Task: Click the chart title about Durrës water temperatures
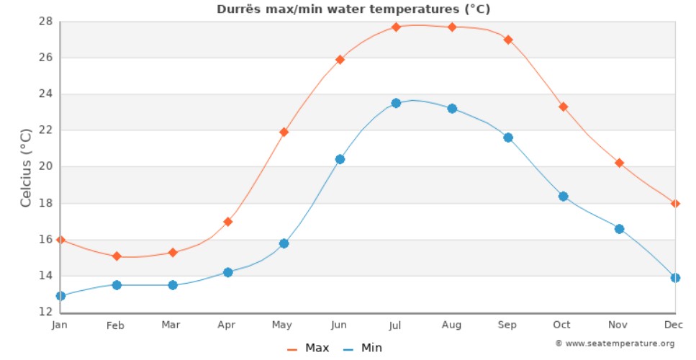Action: pos(353,9)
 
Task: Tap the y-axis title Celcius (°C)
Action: pos(26,167)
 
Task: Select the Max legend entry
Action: pos(309,348)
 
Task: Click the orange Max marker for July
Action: pos(396,27)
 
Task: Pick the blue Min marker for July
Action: pos(396,103)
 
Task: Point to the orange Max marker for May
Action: pos(284,132)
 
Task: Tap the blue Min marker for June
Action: pos(340,159)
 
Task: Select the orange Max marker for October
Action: pos(564,107)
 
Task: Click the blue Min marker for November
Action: pos(619,229)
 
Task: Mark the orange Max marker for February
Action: pos(116,256)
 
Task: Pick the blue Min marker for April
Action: pos(228,272)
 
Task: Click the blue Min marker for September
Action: pos(508,138)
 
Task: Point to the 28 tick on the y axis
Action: pos(45,21)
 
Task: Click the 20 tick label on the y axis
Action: pos(45,166)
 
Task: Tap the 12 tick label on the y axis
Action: pos(45,312)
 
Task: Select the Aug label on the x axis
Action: pos(451,325)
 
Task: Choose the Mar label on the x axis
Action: pos(171,325)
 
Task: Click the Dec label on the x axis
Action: pos(669,325)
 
